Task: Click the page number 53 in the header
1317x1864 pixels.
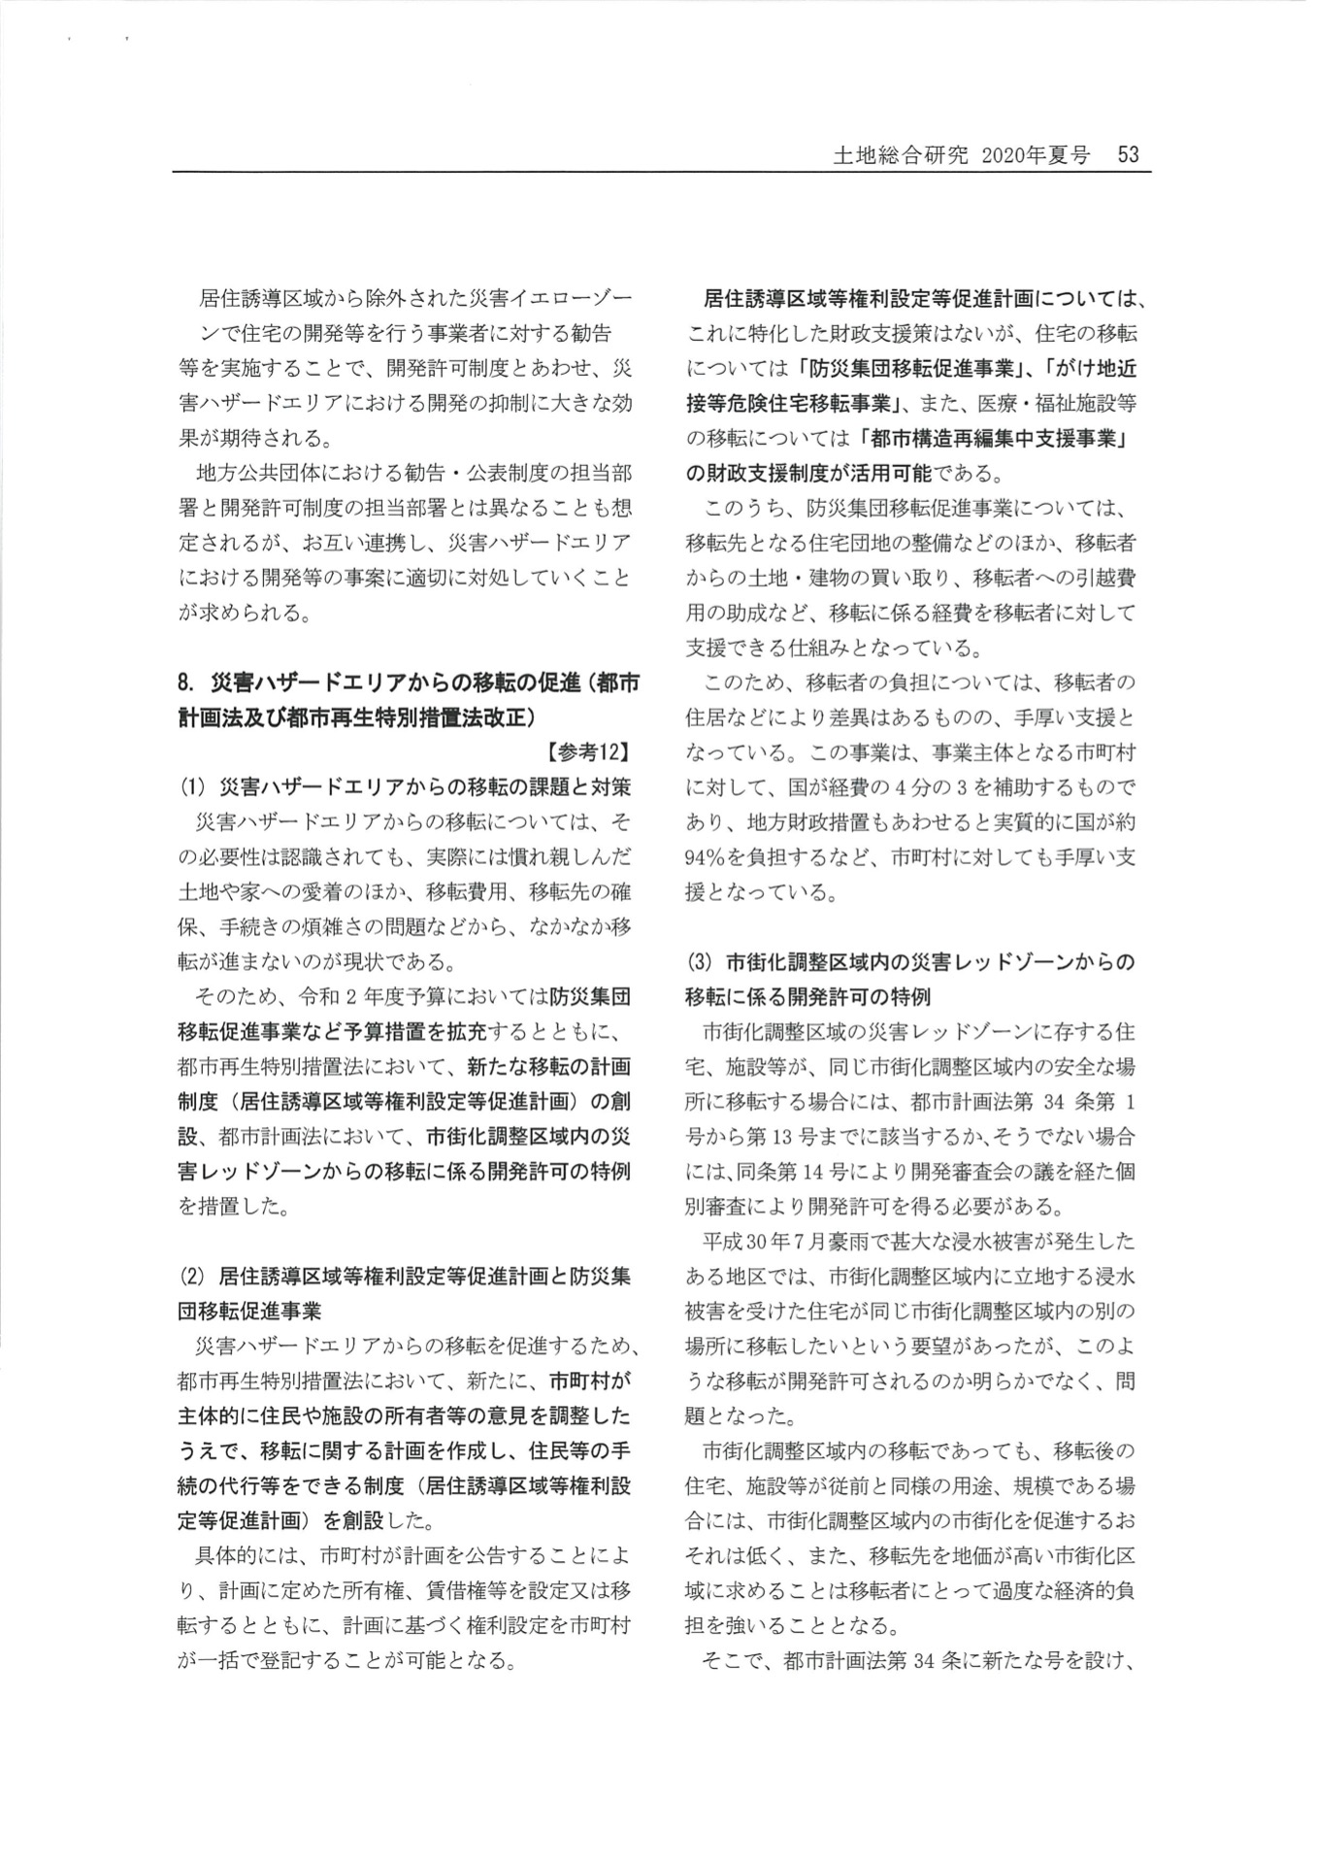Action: pyautogui.click(x=1127, y=155)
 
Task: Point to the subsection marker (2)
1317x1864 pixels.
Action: pyautogui.click(x=190, y=1276)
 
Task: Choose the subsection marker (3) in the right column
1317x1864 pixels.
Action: pyautogui.click(x=699, y=962)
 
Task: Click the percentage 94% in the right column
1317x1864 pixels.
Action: pyautogui.click(x=707, y=857)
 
